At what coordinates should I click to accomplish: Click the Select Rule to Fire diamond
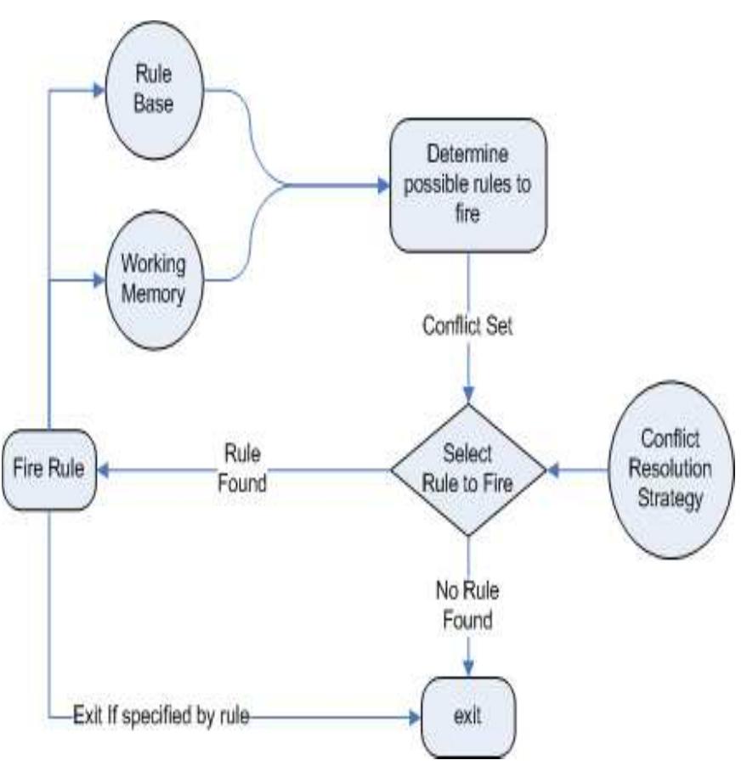468,469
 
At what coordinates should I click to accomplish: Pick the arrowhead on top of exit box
468,668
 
